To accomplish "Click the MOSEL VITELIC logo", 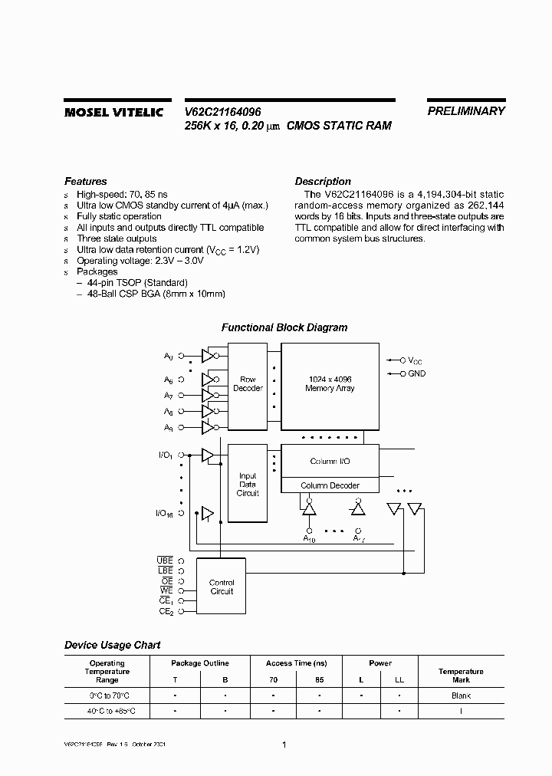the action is tap(113, 112).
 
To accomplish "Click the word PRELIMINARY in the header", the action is tap(466, 110).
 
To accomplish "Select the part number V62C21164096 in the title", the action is tap(223, 111).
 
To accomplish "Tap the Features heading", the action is tap(85, 182).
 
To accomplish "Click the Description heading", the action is tap(323, 182).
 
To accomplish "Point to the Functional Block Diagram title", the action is tap(284, 327).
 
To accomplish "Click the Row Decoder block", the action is tap(248, 383).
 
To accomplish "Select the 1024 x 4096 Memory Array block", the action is tap(330, 383).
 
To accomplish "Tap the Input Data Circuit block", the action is tap(248, 485).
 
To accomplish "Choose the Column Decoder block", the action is tap(330, 485).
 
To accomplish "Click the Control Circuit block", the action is tap(222, 587).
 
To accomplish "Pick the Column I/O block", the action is tap(330, 462).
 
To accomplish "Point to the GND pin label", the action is tap(416, 373).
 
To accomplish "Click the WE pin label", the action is tap(166, 590).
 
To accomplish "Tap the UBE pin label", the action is tap(165, 561).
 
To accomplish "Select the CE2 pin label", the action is tap(166, 611).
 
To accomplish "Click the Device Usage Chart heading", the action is tap(112, 645).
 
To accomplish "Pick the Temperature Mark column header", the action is tap(461, 676).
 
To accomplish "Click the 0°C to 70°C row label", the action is tap(107, 695).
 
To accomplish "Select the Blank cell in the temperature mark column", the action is tap(461, 695).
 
